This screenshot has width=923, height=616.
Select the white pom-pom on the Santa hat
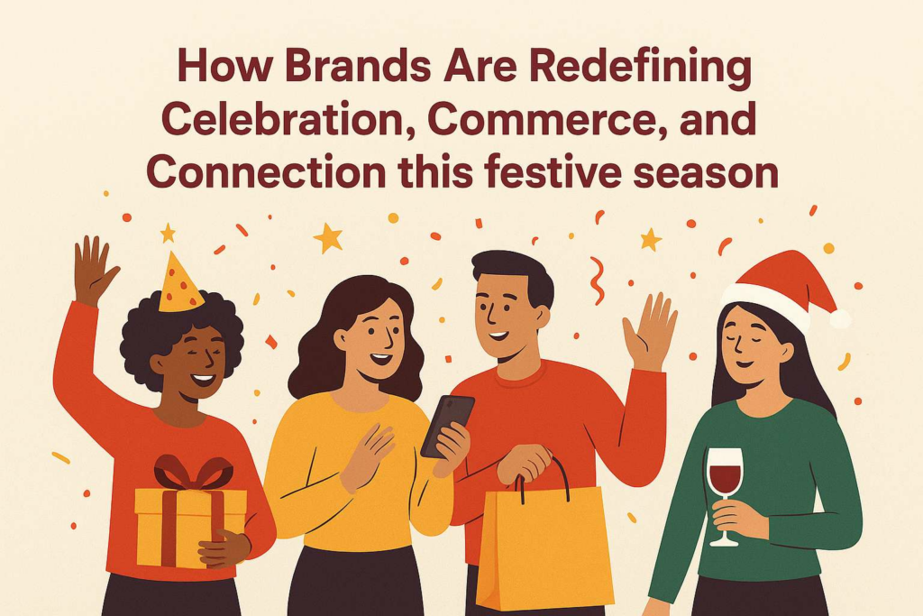tap(840, 318)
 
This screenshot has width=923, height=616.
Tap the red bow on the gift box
tap(193, 472)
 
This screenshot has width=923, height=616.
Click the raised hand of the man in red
tap(649, 331)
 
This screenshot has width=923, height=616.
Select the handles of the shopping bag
tap(544, 477)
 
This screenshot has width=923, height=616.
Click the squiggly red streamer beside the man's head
tap(597, 280)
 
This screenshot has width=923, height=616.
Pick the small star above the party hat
tap(168, 234)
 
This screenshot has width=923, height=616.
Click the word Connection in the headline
tap(266, 171)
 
